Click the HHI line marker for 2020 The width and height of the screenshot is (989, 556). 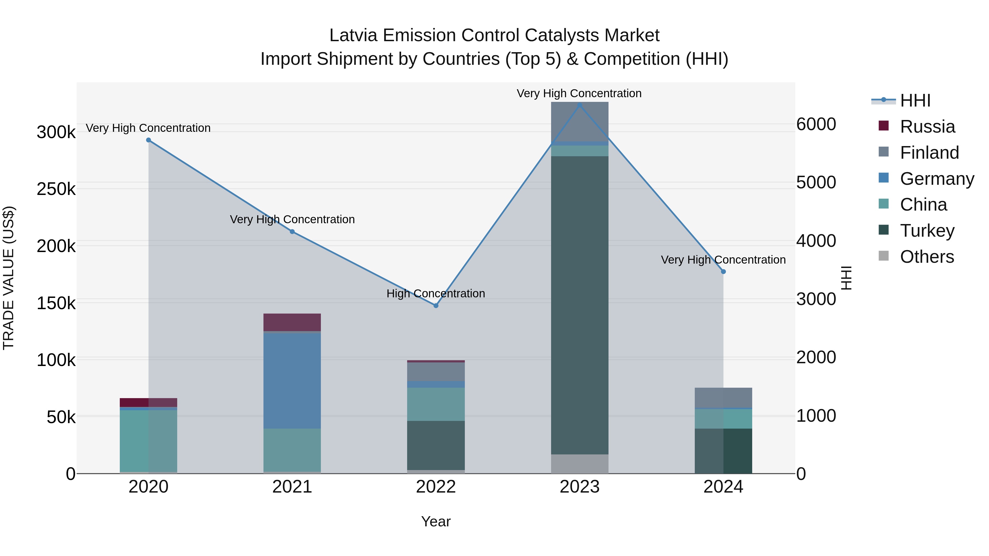pos(149,140)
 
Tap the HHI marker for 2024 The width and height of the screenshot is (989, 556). pos(723,272)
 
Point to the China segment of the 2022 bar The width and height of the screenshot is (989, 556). pos(436,404)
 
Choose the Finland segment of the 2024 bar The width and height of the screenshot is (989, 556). pos(723,398)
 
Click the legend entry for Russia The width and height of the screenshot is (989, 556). pos(927,127)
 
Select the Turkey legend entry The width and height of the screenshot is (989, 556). pos(927,231)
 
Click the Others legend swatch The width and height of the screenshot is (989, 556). pos(884,256)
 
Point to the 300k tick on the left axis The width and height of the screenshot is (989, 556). pos(56,132)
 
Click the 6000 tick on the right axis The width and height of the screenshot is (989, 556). pos(816,124)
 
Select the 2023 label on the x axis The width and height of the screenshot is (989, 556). pos(579,487)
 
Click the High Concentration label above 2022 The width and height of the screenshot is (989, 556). pos(436,294)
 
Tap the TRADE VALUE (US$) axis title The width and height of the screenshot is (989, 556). pos(9,278)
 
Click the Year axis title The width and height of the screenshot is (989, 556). pos(436,521)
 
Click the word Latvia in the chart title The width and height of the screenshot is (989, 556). pos(354,35)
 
